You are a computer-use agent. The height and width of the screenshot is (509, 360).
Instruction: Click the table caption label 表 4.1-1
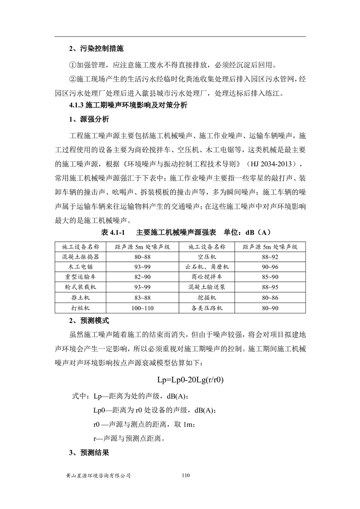(111, 232)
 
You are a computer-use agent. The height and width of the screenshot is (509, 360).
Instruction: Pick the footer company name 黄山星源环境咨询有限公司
(99, 476)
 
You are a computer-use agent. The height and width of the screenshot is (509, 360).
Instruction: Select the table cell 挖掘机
(207, 298)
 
